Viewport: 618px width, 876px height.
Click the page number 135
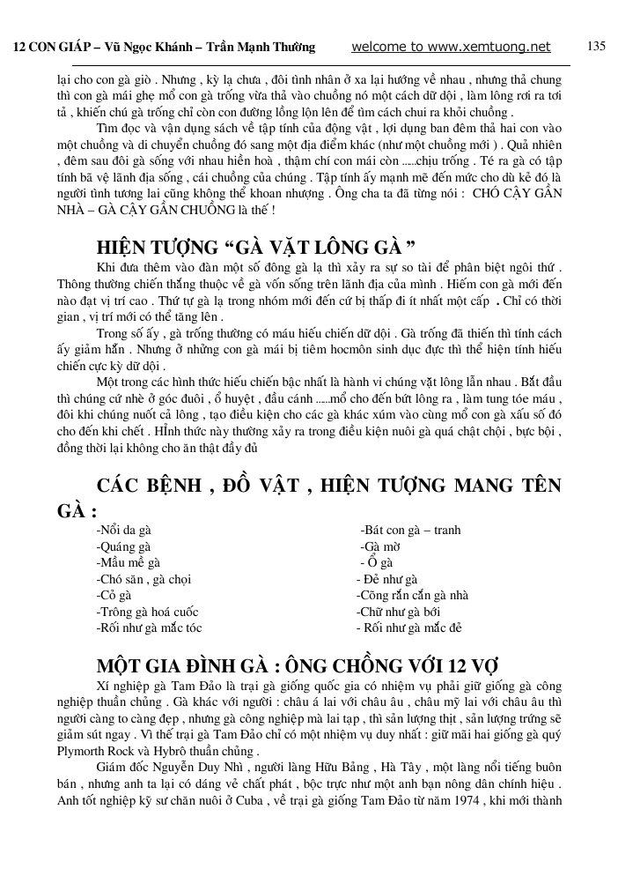[596, 46]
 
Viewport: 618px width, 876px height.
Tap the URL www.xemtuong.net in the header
[492, 47]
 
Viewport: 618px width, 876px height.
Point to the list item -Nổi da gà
[124, 531]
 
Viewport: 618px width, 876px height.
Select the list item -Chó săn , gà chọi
[143, 579]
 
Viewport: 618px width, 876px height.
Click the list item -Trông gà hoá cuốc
[148, 612]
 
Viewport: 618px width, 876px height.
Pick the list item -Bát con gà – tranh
[410, 531]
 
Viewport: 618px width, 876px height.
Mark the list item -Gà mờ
[380, 546]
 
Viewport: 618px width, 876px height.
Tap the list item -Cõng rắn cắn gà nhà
[413, 596]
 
